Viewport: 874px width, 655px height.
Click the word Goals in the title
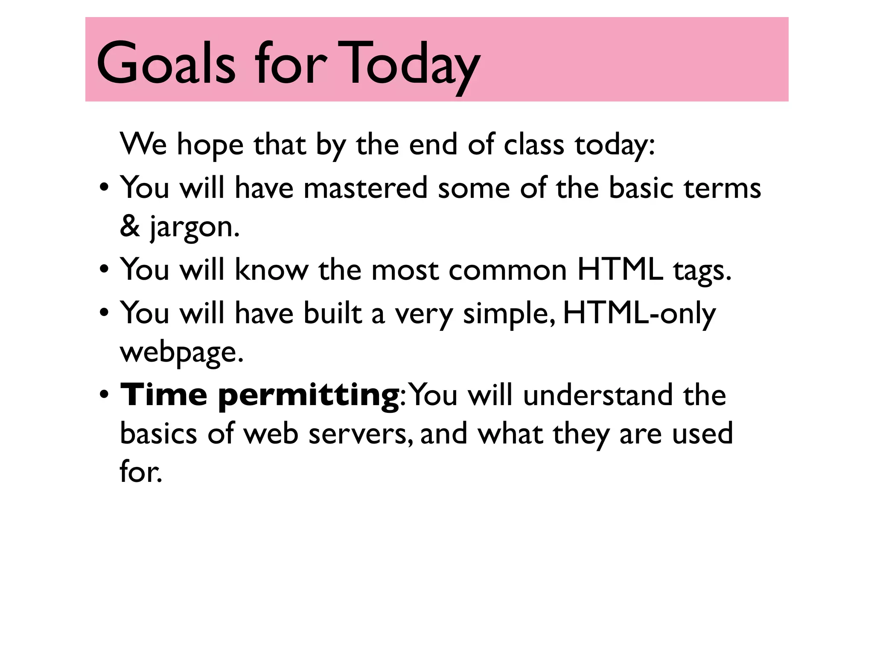[166, 63]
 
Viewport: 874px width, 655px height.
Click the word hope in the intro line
[210, 145]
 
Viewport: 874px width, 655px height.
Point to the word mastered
[365, 188]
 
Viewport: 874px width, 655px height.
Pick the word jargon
[194, 227]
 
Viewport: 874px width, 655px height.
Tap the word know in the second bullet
[271, 270]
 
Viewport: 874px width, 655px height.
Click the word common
[507, 270]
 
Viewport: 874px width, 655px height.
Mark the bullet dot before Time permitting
[104, 396]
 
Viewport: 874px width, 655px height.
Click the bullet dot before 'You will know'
[104, 271]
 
